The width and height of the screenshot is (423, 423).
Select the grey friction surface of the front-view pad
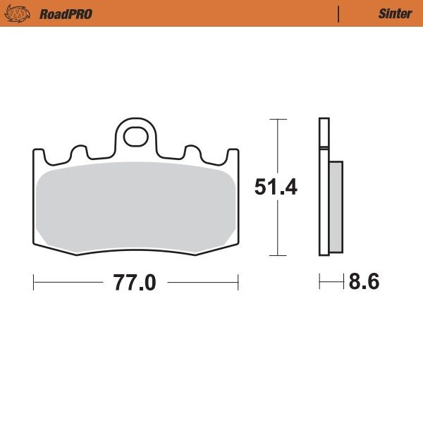134,204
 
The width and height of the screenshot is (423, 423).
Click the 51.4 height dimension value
276,188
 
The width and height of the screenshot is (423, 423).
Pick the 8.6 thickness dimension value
364,282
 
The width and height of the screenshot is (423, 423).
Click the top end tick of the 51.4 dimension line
278,119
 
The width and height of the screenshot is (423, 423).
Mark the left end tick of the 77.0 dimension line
34,283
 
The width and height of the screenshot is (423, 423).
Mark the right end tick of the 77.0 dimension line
238,283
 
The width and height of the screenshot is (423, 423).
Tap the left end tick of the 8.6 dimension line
319,282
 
